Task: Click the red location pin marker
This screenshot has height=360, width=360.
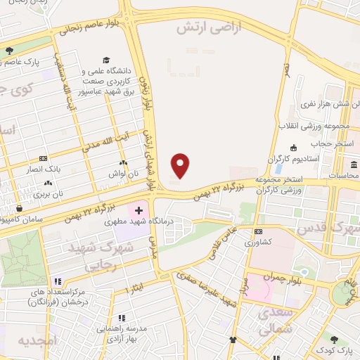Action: (x=181, y=165)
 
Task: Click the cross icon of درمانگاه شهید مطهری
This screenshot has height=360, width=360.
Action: (x=139, y=210)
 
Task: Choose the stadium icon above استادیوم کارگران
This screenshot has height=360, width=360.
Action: (x=293, y=147)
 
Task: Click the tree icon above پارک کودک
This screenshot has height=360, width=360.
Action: (x=345, y=338)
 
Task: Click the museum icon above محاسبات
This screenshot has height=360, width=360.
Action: (x=353, y=165)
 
